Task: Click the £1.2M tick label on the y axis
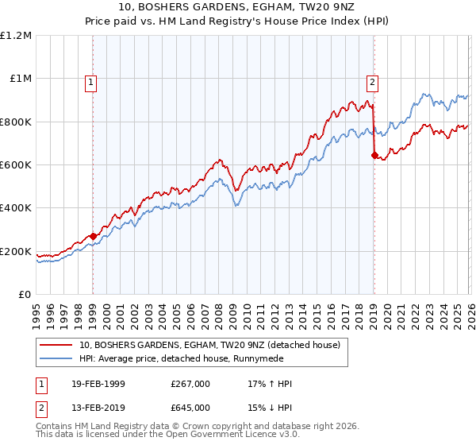click(17, 36)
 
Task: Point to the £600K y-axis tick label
click(16, 165)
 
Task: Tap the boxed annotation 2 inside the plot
click(372, 81)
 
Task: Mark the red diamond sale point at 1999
click(93, 236)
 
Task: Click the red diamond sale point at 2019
click(374, 156)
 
